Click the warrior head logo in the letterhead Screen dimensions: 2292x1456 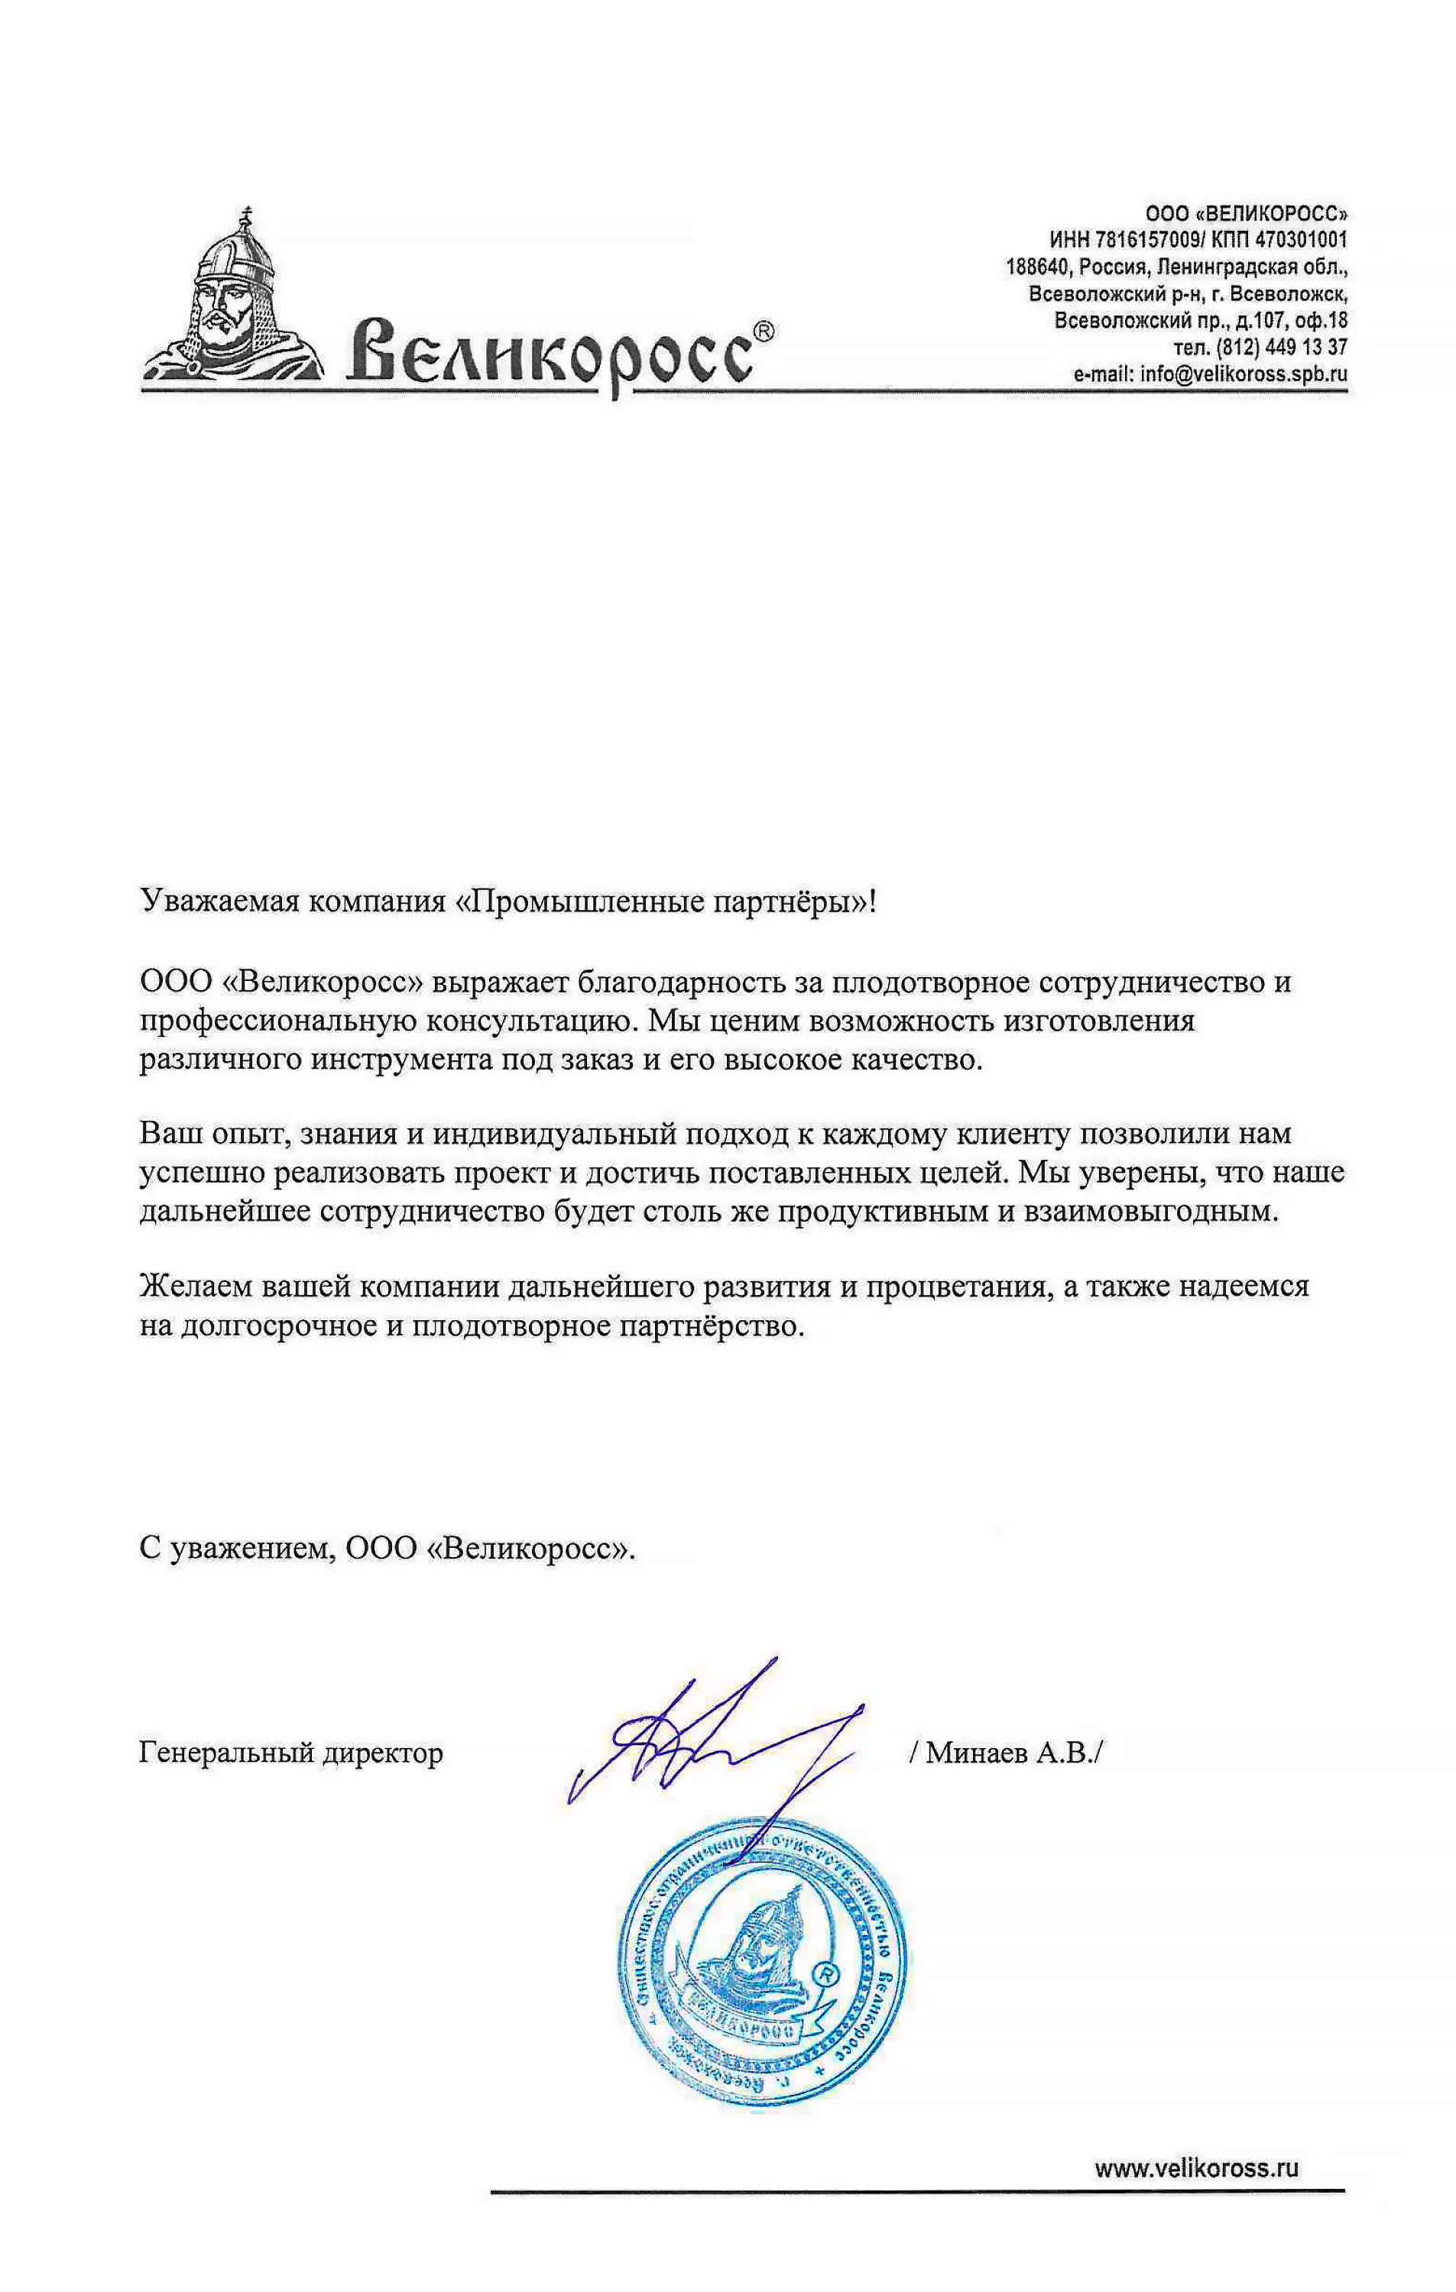pos(233,295)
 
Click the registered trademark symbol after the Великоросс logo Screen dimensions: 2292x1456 pos(764,330)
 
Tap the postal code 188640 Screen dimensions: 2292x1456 pos(1037,267)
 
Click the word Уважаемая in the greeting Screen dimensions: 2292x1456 pos(221,901)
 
